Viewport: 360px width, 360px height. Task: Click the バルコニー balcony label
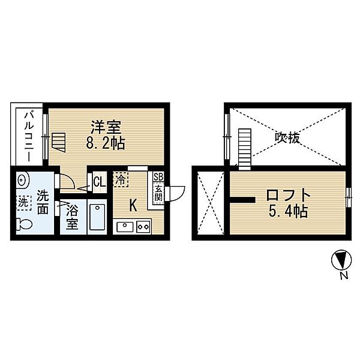coord(28,136)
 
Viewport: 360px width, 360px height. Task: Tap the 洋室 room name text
coord(106,128)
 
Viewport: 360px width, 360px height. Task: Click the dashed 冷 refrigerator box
coord(121,179)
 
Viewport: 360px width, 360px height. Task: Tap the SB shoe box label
coord(158,177)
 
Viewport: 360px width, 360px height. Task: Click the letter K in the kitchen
coord(133,205)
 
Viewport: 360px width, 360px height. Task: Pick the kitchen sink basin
coord(124,226)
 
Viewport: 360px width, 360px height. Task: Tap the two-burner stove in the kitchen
coord(143,226)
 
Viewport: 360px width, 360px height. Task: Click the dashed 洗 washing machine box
coord(22,203)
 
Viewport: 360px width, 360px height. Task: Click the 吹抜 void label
coord(287,137)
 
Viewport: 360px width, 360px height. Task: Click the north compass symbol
coord(340,260)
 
